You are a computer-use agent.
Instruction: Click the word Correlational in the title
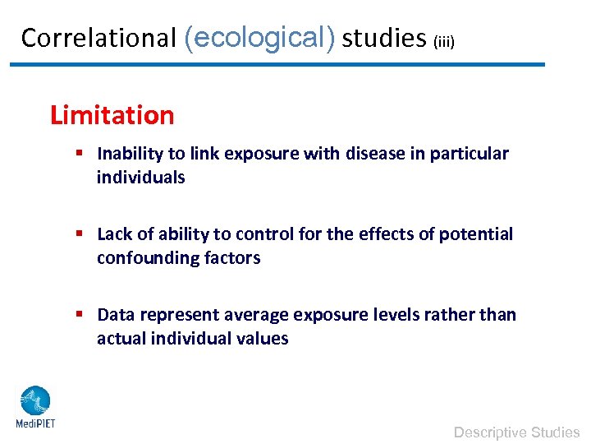98,38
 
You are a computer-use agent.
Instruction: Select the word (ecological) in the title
260,38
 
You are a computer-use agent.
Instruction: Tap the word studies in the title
384,38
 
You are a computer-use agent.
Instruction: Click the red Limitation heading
112,115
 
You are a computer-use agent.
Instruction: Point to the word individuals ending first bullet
140,178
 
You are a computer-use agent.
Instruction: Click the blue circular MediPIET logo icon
34,401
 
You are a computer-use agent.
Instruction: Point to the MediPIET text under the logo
35,424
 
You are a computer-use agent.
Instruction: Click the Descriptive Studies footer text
516,432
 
